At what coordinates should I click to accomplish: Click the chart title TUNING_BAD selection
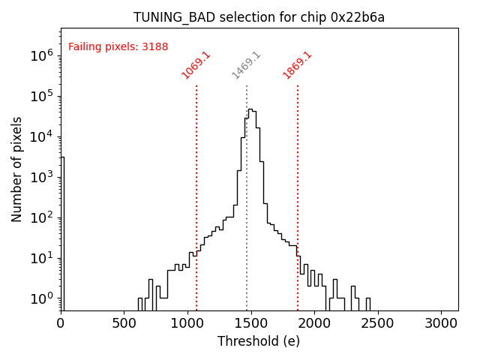[x=259, y=17]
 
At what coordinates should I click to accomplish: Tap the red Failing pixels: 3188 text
[x=118, y=46]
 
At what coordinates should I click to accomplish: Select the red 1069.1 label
[x=196, y=65]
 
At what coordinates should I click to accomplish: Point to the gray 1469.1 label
[x=246, y=65]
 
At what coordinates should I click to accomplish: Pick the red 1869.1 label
[x=297, y=65]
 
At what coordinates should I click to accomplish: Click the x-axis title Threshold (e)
[x=259, y=341]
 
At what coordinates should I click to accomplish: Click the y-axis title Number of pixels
[x=17, y=169]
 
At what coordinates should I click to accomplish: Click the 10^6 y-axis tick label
[x=40, y=55]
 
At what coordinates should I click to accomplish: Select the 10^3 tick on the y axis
[x=40, y=177]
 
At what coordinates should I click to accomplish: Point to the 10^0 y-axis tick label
[x=40, y=298]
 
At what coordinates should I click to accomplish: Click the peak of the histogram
[x=250, y=109]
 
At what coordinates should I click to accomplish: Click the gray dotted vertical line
[x=247, y=195]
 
